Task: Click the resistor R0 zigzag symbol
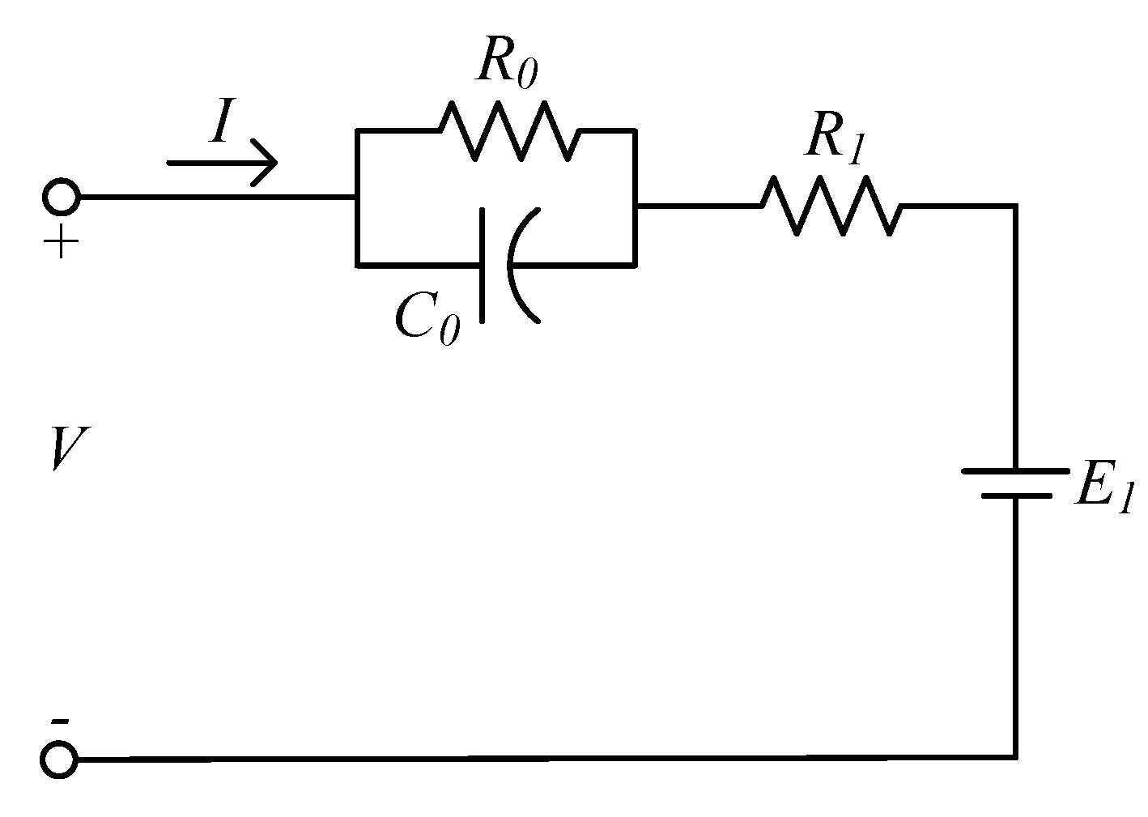[508, 130]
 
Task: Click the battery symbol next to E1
[1014, 482]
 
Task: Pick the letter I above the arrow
[221, 126]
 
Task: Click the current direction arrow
[223, 162]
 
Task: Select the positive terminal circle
[60, 197]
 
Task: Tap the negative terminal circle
[60, 760]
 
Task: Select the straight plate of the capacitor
[483, 265]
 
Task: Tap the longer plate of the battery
[1014, 470]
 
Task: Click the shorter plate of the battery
[1015, 494]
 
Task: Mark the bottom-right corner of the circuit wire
[1014, 757]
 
